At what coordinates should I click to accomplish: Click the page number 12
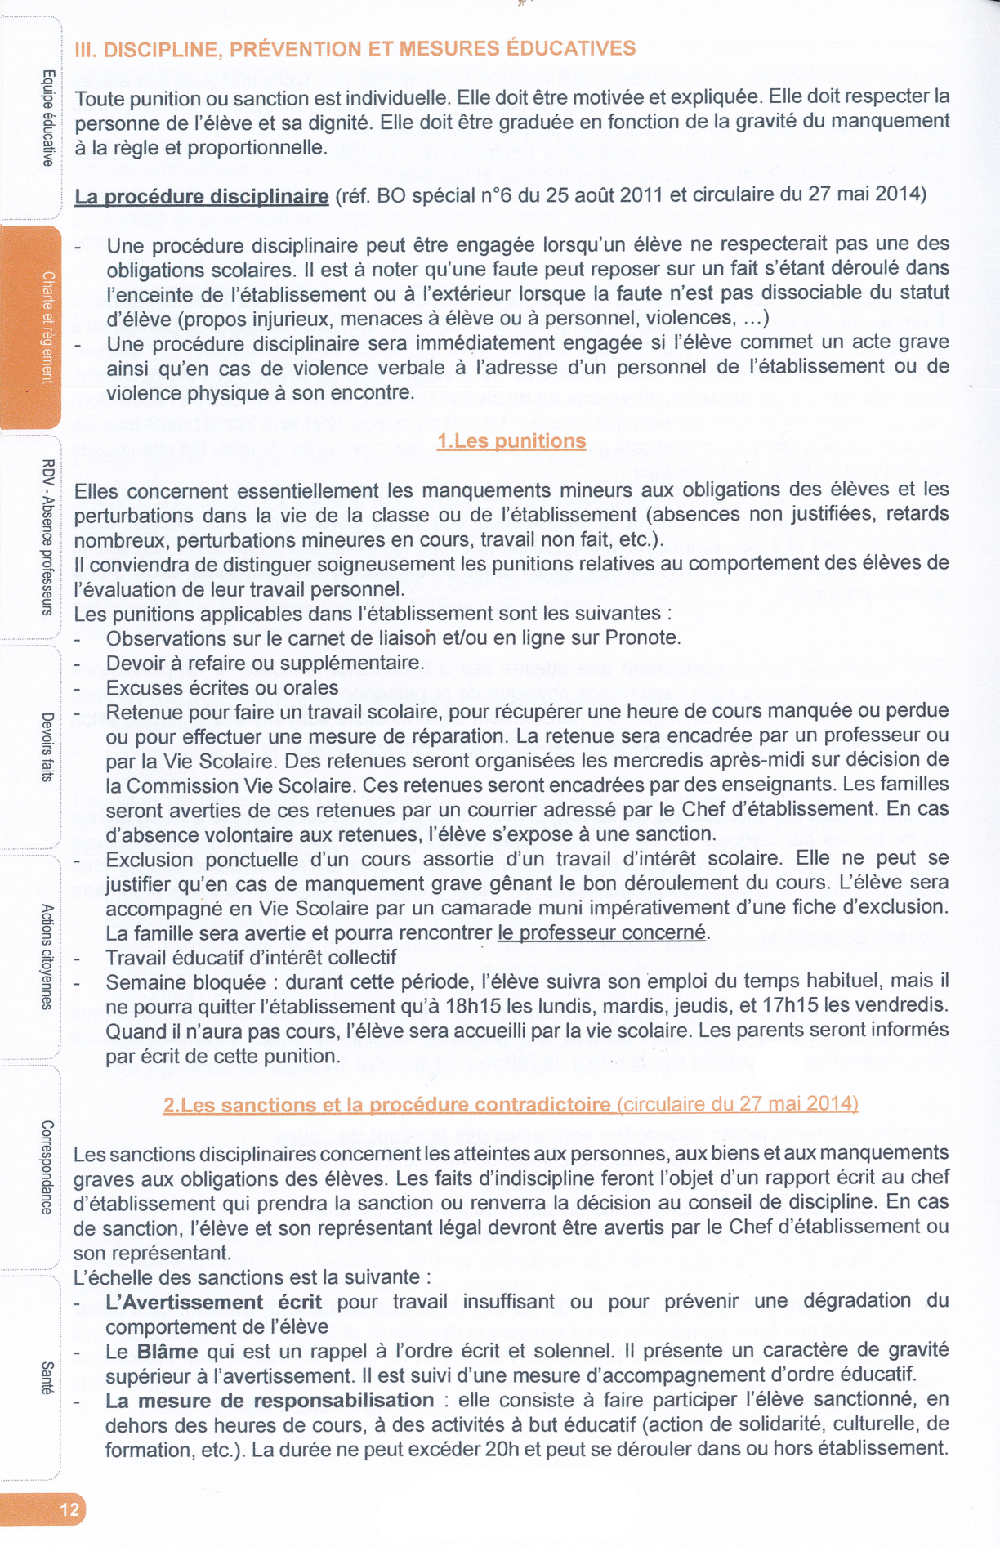click(69, 1509)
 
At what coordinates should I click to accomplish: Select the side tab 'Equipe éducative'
click(47, 118)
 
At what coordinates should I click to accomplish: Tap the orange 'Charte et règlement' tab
click(47, 327)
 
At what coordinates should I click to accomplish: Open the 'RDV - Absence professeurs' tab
click(47, 537)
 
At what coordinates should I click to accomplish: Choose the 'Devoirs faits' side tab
click(47, 747)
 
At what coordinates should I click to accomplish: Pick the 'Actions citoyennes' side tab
click(47, 956)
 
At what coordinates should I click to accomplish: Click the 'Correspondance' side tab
click(47, 1166)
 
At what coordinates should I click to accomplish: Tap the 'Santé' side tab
click(47, 1378)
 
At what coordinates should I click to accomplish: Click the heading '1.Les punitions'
click(511, 441)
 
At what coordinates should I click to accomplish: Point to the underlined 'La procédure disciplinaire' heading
click(201, 197)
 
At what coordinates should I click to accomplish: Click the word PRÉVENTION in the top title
click(296, 49)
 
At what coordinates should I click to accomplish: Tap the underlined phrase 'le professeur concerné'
click(601, 932)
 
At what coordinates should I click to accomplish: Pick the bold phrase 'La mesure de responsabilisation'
click(270, 1401)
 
